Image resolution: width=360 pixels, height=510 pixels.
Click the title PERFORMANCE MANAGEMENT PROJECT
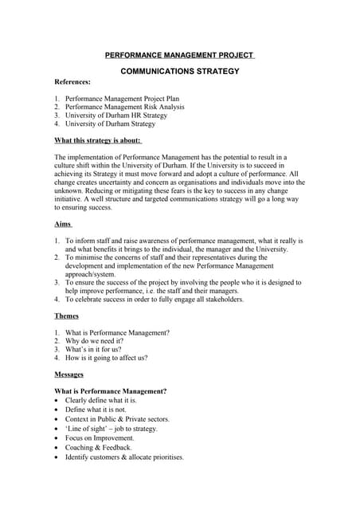tap(179, 55)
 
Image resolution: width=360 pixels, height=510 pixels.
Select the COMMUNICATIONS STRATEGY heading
tap(179, 71)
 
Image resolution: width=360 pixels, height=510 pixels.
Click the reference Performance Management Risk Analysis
tap(124, 107)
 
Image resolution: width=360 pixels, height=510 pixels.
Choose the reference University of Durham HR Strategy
tap(116, 116)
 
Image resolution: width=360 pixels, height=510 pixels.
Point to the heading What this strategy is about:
tap(97, 140)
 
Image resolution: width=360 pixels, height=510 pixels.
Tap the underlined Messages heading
tap(71, 374)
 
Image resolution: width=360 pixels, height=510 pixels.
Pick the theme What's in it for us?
tap(93, 349)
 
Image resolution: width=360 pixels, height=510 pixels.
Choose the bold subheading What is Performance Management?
tap(110, 391)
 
